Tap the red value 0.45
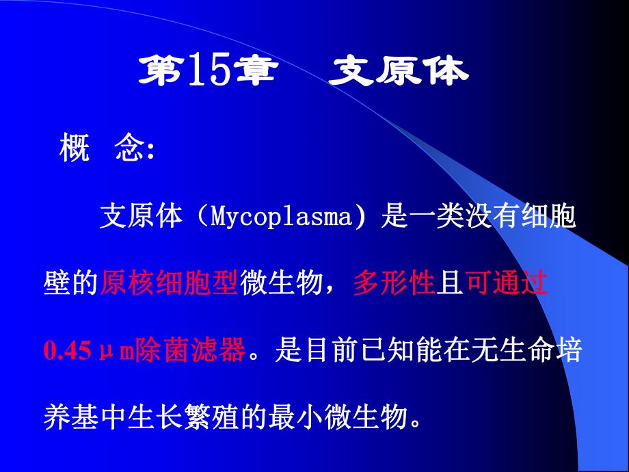click(x=67, y=352)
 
